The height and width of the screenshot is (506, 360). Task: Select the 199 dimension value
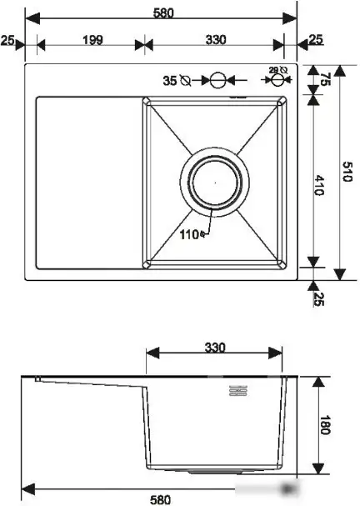pyautogui.click(x=94, y=40)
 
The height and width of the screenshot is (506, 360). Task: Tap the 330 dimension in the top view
pyautogui.click(x=215, y=40)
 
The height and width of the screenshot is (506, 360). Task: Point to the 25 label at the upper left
pyautogui.click(x=8, y=40)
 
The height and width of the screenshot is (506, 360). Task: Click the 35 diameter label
pyautogui.click(x=169, y=81)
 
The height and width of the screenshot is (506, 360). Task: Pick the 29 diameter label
pyautogui.click(x=276, y=71)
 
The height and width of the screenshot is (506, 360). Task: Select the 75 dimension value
pyautogui.click(x=327, y=80)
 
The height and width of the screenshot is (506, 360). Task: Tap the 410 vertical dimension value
pyautogui.click(x=320, y=185)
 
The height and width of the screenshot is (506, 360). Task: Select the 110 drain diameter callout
pyautogui.click(x=190, y=234)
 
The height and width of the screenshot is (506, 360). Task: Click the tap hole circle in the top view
pyautogui.click(x=217, y=80)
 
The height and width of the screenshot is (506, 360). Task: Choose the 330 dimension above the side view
pyautogui.click(x=215, y=347)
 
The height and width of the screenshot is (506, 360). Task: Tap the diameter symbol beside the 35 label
pyautogui.click(x=185, y=81)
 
